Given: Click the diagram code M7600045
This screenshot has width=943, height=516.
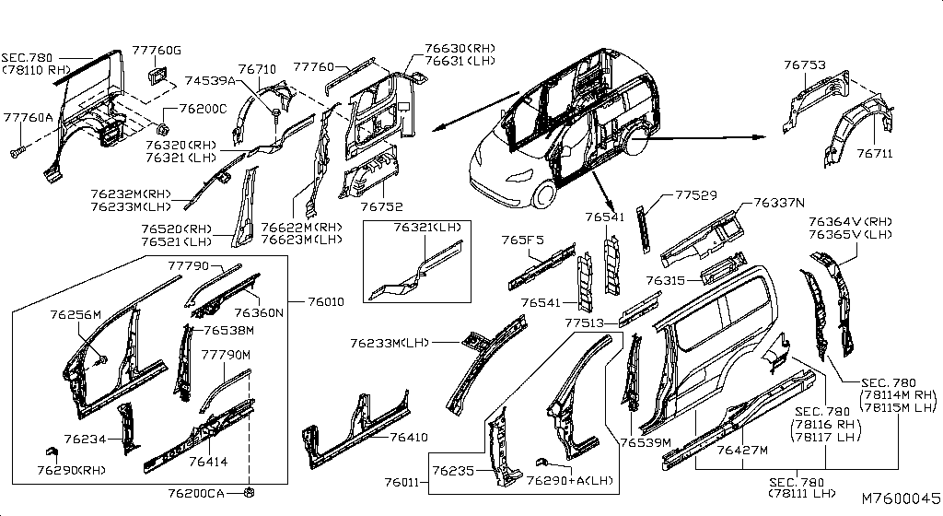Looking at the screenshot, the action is (x=901, y=498).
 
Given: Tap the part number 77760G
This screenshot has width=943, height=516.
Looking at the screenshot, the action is (x=157, y=51).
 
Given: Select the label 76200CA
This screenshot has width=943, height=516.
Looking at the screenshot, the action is (x=196, y=494).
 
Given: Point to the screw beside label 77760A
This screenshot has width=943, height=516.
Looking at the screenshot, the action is (x=17, y=151).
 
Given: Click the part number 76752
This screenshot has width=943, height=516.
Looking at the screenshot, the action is (x=381, y=207).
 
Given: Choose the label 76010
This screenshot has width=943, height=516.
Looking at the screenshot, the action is (x=326, y=301).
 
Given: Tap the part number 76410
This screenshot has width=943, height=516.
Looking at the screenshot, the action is (x=409, y=437).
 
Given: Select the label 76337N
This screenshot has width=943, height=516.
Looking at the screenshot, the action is (x=779, y=203).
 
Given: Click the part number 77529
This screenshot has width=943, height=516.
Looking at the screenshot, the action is (x=696, y=194).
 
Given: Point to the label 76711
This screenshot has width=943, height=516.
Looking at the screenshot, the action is (x=875, y=154).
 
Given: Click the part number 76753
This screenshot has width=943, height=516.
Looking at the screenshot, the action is (x=805, y=64).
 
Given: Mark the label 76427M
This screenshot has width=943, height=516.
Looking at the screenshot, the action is (x=742, y=450).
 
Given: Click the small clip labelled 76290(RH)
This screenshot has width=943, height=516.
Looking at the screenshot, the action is (x=52, y=451).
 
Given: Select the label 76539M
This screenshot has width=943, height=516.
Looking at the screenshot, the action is (x=646, y=442).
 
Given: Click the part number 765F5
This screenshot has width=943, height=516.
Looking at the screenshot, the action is (x=523, y=240).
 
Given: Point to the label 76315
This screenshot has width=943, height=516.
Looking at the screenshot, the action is (x=666, y=280).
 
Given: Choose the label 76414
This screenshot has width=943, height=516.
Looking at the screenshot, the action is (x=208, y=462).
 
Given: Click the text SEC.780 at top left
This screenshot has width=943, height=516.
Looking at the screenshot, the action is (x=27, y=58).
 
